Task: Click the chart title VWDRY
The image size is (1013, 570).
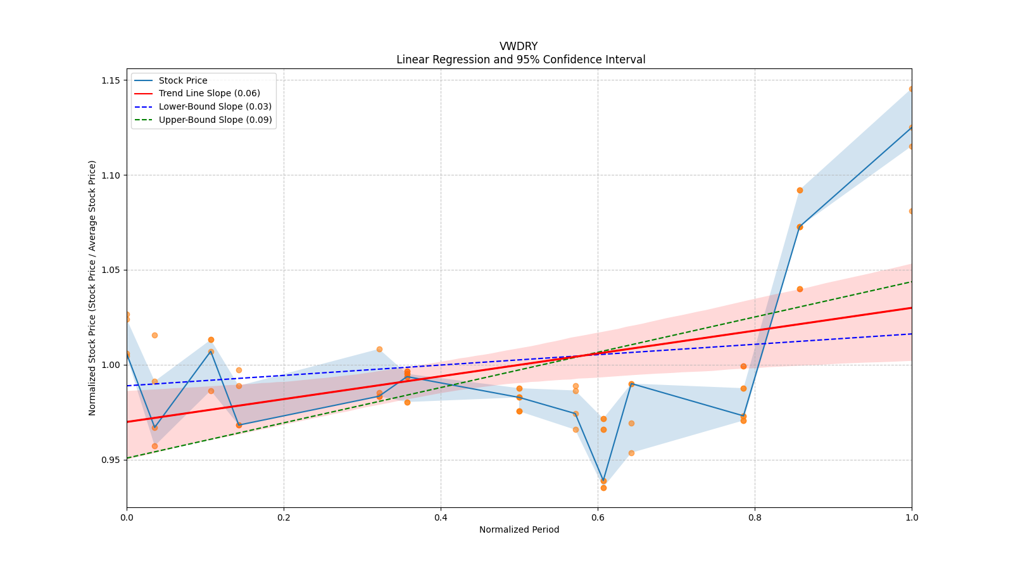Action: (x=519, y=46)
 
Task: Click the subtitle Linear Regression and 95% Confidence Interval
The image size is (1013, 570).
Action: (x=520, y=60)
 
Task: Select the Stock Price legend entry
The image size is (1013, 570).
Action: (x=183, y=80)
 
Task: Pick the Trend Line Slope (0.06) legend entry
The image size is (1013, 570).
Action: (x=209, y=93)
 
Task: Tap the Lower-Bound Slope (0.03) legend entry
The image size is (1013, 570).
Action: (x=215, y=106)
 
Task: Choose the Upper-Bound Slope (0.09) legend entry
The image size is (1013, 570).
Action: (x=215, y=120)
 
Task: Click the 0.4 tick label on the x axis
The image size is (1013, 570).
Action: (x=441, y=517)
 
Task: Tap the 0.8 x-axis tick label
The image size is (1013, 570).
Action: (x=755, y=517)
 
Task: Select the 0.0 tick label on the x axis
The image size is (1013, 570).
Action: (x=127, y=517)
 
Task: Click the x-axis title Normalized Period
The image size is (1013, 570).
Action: (x=519, y=529)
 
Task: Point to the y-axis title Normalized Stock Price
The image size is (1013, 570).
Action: (x=92, y=288)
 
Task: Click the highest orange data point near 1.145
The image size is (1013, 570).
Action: (x=911, y=89)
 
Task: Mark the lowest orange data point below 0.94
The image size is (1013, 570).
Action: (x=603, y=488)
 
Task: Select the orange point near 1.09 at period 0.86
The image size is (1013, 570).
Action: (x=800, y=190)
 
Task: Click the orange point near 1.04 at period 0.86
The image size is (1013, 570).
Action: (x=800, y=289)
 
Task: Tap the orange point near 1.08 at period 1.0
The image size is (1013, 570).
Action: (x=911, y=211)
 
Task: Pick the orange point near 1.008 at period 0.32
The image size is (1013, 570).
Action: (x=379, y=349)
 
